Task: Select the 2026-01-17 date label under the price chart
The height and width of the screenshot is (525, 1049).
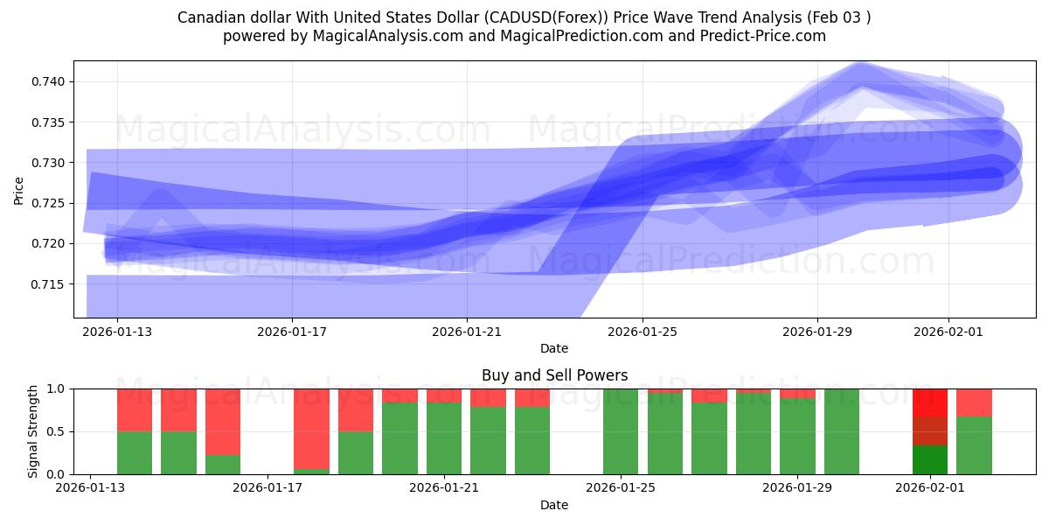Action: (x=292, y=332)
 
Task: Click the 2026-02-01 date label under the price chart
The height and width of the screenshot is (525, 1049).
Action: (x=948, y=332)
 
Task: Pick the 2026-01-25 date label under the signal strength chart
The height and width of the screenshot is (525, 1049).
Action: (x=621, y=488)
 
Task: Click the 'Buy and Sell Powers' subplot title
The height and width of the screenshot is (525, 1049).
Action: (x=554, y=375)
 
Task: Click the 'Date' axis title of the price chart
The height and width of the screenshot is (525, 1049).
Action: (x=554, y=348)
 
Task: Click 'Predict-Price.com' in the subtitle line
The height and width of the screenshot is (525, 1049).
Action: (x=759, y=36)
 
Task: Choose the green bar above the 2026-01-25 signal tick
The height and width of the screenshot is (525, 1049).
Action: (x=621, y=431)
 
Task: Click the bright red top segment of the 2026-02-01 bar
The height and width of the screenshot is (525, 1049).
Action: (x=930, y=402)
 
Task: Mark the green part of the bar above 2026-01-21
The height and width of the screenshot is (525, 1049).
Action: (x=444, y=438)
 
